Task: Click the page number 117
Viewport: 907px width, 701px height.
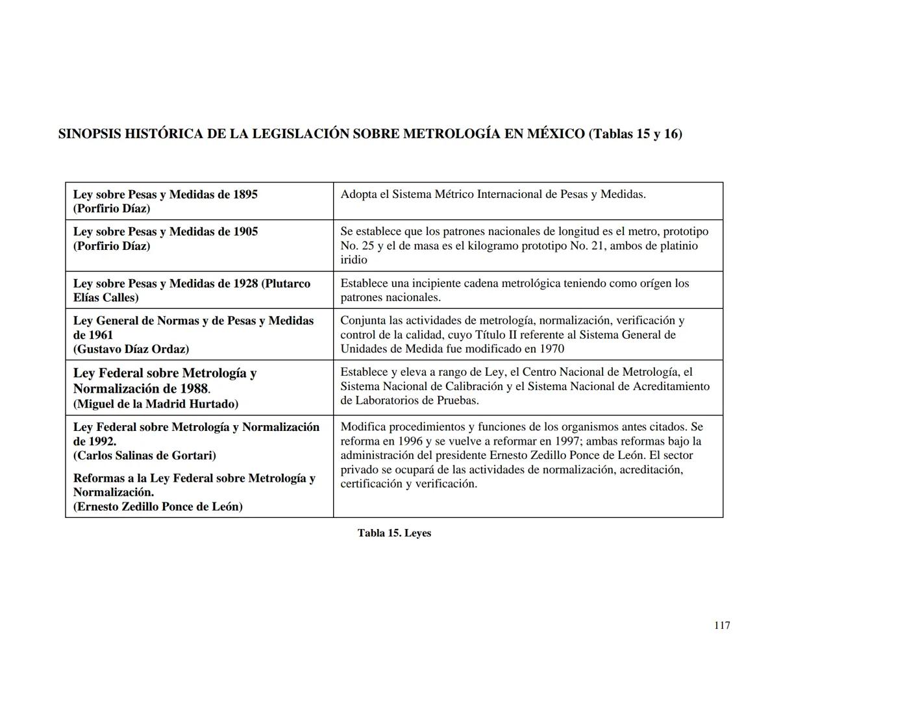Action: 722,626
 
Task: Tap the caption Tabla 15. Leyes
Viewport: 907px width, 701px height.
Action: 394,533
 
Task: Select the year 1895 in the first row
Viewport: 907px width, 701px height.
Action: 245,195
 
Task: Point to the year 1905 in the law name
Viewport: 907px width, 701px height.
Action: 245,232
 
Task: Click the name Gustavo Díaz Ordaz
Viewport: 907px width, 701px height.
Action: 131,349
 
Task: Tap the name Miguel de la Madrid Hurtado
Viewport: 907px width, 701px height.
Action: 156,404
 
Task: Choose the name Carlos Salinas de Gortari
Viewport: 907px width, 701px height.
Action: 145,456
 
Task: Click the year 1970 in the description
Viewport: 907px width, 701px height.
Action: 552,349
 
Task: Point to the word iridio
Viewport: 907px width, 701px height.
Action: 354,260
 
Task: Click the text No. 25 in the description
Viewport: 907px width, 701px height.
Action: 354,246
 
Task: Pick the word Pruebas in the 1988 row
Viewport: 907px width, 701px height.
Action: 456,400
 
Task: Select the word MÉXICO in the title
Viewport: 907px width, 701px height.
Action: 555,134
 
